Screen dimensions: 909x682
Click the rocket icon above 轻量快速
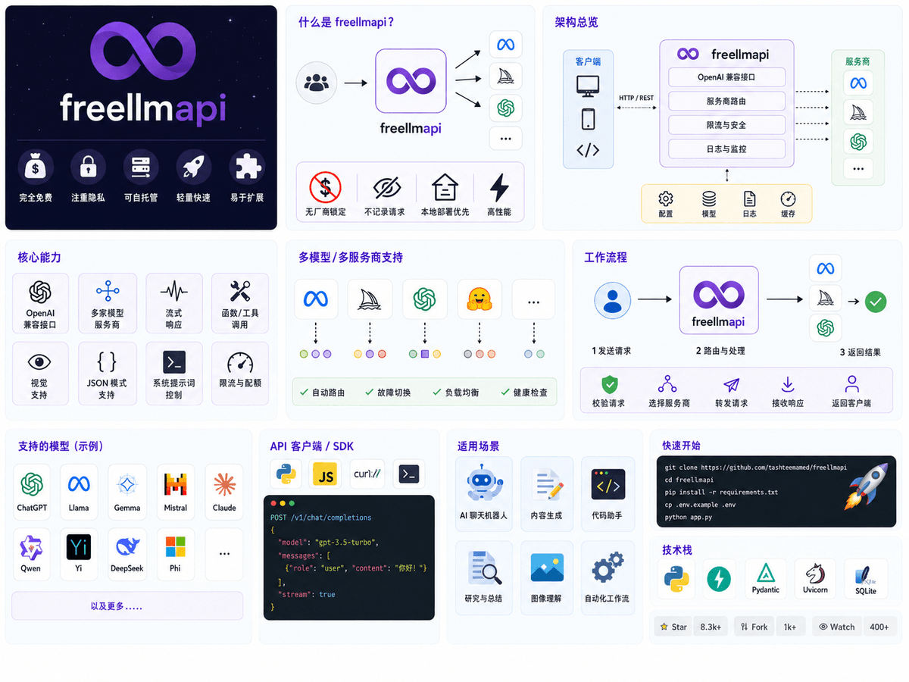tap(193, 167)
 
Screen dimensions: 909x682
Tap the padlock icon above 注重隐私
tap(88, 167)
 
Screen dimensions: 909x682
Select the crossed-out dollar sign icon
tap(325, 187)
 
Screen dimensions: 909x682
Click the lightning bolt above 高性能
tap(499, 188)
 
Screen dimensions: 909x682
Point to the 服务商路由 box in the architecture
tap(726, 101)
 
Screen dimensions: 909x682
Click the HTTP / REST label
tap(636, 98)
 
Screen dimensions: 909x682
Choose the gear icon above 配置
tap(666, 199)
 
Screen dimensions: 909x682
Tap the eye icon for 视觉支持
tap(39, 362)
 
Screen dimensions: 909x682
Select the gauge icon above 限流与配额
tap(240, 362)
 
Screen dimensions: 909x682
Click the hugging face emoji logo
tap(479, 299)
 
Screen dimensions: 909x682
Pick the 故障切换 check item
tap(388, 392)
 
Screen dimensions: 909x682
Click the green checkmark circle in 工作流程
tap(876, 302)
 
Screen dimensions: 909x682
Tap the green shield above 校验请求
tap(610, 384)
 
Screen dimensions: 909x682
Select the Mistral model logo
tap(176, 484)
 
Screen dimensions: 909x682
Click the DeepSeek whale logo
tap(127, 546)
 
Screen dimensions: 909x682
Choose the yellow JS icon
tap(325, 474)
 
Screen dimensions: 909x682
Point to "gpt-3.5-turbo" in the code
tap(346, 542)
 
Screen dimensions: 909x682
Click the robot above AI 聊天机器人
tap(483, 483)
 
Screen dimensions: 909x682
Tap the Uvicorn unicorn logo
tap(815, 574)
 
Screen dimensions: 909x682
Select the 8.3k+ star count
tap(711, 627)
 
